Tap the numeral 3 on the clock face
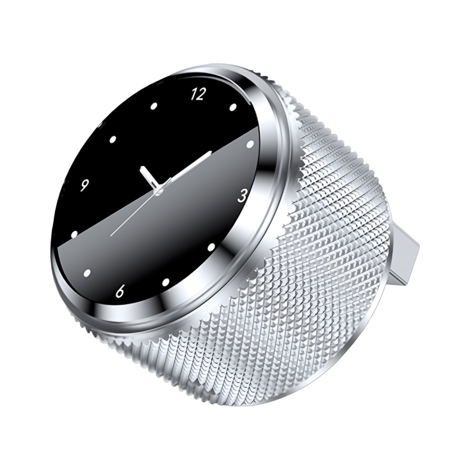tap(242, 196)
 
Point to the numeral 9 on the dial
tap(84, 186)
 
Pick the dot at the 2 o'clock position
tap(250, 145)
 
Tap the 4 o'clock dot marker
tap(211, 248)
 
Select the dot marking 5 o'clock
tap(166, 282)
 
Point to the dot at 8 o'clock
tap(74, 234)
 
